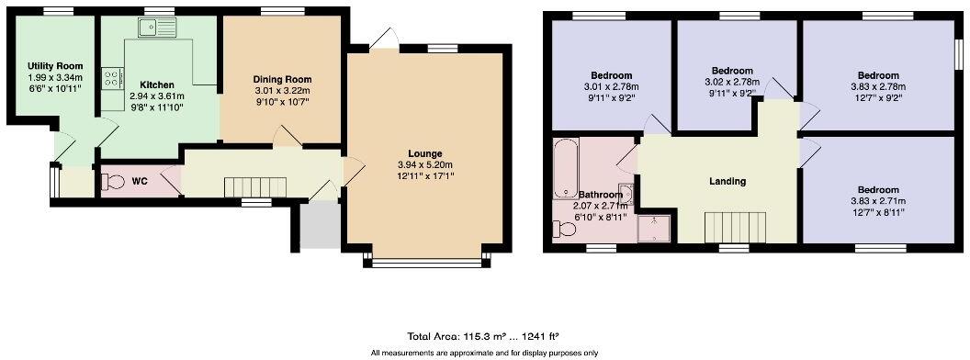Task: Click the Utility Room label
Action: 55,66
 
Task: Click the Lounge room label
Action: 425,153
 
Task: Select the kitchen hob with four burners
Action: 112,79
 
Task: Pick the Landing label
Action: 727,181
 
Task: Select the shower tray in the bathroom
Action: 653,228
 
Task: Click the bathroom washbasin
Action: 626,192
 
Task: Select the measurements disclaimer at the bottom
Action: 484,353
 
